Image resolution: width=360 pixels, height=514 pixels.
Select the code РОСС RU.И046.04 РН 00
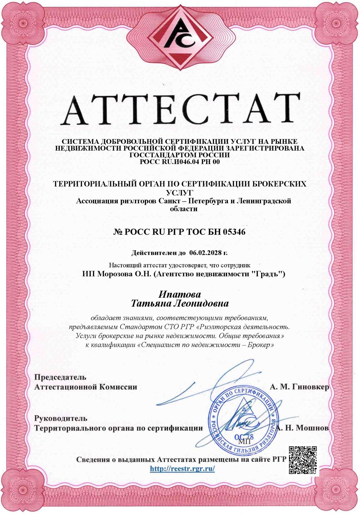(x=180, y=162)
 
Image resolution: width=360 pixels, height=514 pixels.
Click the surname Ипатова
(x=180, y=294)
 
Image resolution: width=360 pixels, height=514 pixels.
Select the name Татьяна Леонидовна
(x=180, y=304)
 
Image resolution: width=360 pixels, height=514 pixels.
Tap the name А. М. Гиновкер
(x=299, y=387)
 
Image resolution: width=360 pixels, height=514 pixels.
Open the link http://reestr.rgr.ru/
(x=182, y=469)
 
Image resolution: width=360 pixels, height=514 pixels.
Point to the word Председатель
(x=60, y=377)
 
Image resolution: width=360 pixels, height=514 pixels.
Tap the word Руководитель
(x=61, y=418)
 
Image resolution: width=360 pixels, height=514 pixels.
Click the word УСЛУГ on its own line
(x=180, y=192)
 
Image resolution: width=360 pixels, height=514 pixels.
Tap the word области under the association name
(x=184, y=209)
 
